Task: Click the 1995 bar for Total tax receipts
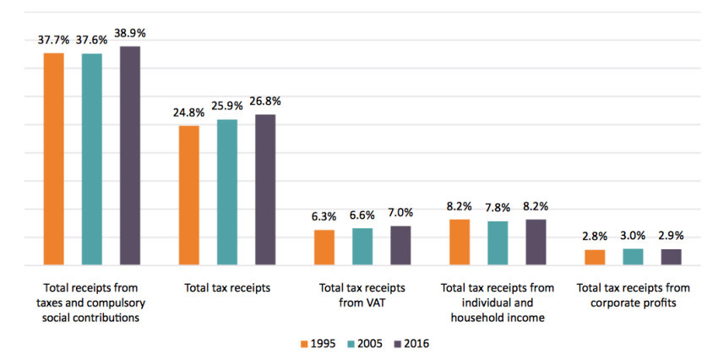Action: click(189, 195)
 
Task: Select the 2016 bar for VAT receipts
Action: click(400, 245)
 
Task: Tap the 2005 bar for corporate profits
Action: click(633, 257)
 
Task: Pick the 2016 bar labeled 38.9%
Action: click(130, 155)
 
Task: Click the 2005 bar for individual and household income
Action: click(498, 243)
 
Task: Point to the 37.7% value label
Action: click(54, 39)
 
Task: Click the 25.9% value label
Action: click(227, 106)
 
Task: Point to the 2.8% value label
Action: click(595, 236)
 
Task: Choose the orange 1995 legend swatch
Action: click(305, 344)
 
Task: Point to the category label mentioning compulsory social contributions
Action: click(92, 303)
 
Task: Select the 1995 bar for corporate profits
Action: click(595, 257)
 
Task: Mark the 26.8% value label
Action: click(265, 101)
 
